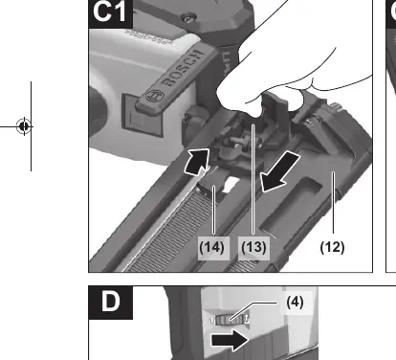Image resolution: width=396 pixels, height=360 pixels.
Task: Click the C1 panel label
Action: point(110,12)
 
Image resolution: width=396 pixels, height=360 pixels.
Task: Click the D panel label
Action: point(111,302)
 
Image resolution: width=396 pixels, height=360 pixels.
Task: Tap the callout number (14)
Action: point(211,247)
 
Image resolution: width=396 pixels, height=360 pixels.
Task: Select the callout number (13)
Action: point(253,247)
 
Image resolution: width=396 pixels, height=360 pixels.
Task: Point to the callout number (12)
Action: point(332,247)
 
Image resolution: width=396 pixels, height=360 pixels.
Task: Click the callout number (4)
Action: point(295,302)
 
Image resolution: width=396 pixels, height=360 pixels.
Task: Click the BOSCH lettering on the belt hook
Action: point(183,68)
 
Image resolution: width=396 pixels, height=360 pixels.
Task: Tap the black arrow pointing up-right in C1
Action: point(197,162)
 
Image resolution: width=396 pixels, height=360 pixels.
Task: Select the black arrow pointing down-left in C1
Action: point(279,172)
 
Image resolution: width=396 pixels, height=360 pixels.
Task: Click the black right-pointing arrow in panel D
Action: point(230,340)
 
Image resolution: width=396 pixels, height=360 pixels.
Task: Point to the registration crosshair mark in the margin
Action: point(24,126)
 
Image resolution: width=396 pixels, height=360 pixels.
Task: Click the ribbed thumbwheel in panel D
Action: point(230,320)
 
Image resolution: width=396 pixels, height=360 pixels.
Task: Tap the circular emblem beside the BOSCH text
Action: point(155,96)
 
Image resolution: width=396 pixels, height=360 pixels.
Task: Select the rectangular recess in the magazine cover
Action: point(292,205)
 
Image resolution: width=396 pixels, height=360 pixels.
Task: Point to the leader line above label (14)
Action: point(214,211)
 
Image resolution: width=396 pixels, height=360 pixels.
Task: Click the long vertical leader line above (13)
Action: point(253,180)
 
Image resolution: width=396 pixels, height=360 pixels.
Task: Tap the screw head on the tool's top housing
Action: point(188,17)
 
